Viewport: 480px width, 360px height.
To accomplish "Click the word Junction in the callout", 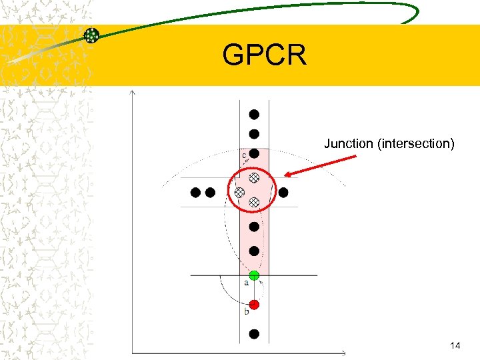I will point(348,143).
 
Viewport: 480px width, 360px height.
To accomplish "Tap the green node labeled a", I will point(254,275).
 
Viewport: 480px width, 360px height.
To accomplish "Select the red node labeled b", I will point(254,305).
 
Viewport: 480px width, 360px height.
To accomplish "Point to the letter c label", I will point(244,155).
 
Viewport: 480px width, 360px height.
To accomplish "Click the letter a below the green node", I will point(246,283).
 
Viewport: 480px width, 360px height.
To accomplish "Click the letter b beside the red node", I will point(246,311).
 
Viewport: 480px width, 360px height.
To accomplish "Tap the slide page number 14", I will point(455,345).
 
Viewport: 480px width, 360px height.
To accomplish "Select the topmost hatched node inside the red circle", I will point(254,178).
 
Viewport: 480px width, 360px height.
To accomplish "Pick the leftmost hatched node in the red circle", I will point(239,192).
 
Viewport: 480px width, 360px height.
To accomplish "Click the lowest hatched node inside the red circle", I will point(254,202).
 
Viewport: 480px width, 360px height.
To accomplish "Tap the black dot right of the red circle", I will point(283,193).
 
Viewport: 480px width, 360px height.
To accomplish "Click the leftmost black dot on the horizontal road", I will point(195,193).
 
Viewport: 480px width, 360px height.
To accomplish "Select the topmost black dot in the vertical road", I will point(254,114).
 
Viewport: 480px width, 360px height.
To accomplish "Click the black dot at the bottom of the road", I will point(254,333).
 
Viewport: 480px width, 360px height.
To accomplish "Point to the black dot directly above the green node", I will point(254,251).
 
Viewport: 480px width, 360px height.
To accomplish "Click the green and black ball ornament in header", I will point(91,36).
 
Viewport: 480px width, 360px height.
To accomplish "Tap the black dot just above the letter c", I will point(254,153).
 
